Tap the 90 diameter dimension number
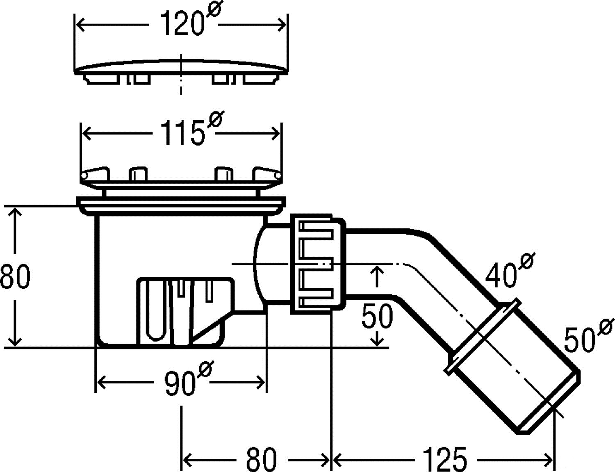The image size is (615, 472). pyautogui.click(x=188, y=379)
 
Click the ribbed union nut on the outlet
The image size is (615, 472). pyautogui.click(x=318, y=265)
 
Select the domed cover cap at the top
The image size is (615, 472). pyautogui.click(x=181, y=72)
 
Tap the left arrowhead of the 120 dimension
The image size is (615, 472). pyautogui.click(x=81, y=25)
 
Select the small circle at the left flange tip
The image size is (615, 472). pyautogui.click(x=84, y=176)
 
